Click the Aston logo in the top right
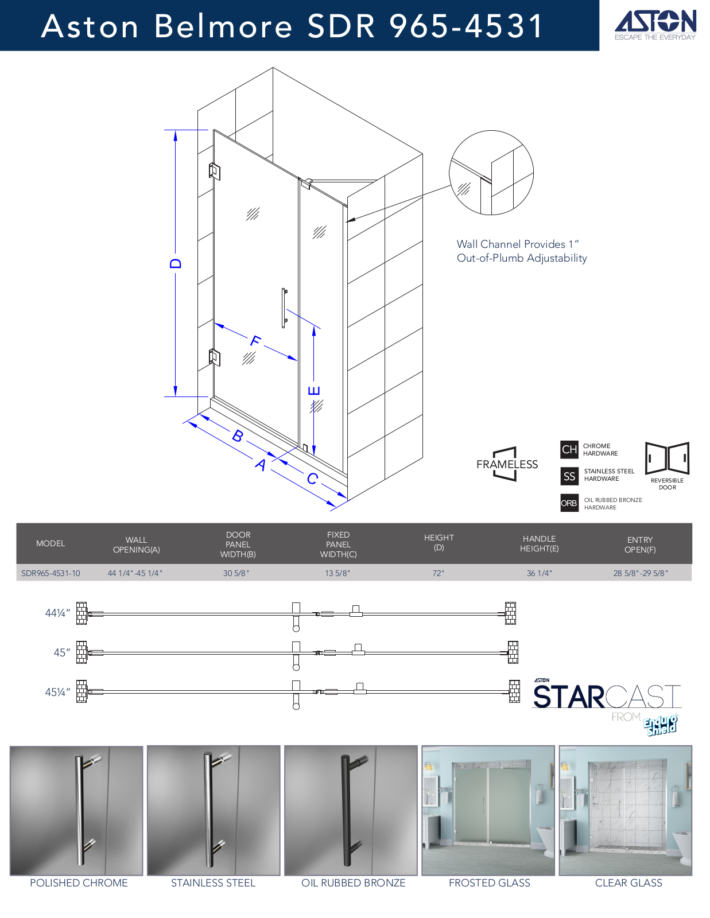655,25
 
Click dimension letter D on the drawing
176,263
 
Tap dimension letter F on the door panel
255,340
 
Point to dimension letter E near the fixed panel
314,391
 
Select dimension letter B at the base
238,435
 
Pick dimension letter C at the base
312,479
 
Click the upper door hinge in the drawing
214,171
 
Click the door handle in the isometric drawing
285,308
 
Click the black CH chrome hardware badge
569,449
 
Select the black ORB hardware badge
569,503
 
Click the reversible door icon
668,458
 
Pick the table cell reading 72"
439,573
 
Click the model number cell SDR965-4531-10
51,573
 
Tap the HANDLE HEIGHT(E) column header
540,544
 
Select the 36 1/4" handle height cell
540,573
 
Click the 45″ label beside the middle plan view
62,653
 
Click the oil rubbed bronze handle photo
351,811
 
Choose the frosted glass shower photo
488,811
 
